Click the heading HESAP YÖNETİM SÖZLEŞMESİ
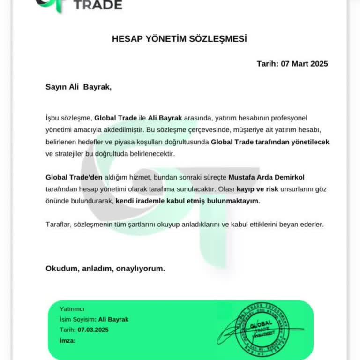(x=180, y=39)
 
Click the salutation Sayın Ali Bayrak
(x=79, y=86)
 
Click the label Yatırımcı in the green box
(x=72, y=308)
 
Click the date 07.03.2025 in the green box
(x=93, y=330)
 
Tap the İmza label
(x=67, y=340)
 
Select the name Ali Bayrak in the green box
(x=113, y=319)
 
